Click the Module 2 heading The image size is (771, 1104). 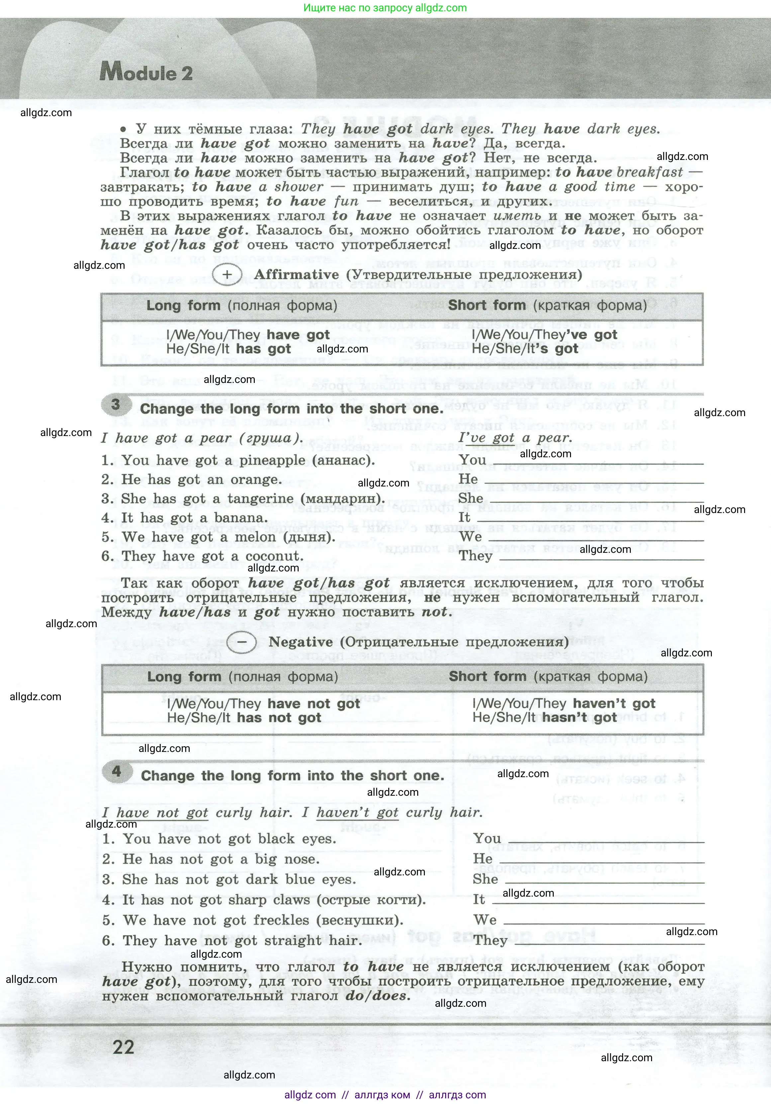[x=146, y=73]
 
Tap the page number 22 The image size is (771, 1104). [x=124, y=1047]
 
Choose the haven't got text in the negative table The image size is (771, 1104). [x=614, y=704]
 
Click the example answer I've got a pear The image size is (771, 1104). [x=515, y=438]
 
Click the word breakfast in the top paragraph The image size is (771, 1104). [x=650, y=172]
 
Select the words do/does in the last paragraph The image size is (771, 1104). [x=377, y=995]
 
